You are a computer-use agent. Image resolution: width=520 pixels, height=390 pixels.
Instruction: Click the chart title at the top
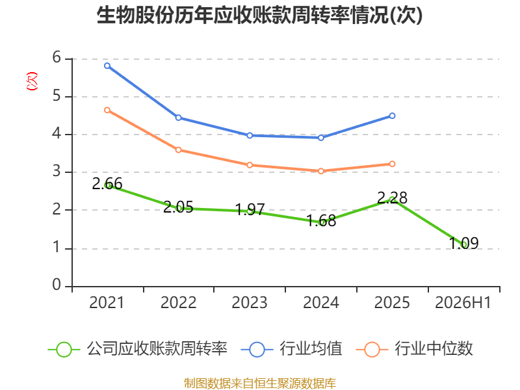[x=259, y=15]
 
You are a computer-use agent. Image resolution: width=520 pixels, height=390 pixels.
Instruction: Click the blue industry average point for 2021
[x=107, y=66]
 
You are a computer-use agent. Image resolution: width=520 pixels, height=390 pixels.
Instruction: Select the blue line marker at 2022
[x=178, y=118]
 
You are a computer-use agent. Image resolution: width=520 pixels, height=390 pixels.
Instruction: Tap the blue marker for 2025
[x=393, y=116]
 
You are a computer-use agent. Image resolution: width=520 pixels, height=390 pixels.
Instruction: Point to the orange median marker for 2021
[x=107, y=110]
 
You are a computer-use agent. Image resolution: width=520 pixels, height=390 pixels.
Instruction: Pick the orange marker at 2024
[x=321, y=171]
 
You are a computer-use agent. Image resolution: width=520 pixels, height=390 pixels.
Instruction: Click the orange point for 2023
[x=250, y=165]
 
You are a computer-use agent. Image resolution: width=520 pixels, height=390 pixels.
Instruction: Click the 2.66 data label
[x=107, y=184]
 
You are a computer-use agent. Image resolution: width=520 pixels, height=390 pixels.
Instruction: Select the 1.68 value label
[x=321, y=221]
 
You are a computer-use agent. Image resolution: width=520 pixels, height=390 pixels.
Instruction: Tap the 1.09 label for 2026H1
[x=463, y=243]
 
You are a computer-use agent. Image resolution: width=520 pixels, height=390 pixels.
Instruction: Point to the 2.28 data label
[x=393, y=198]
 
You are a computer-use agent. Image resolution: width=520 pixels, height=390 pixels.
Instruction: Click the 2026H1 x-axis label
[x=463, y=303]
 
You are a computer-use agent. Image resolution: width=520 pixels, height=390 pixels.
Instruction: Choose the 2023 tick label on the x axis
[x=250, y=303]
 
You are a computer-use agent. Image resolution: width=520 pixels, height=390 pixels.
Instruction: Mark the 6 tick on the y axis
[x=57, y=58]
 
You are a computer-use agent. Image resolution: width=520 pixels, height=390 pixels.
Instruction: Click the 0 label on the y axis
[x=57, y=285]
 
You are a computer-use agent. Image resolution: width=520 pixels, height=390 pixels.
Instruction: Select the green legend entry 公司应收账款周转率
[x=137, y=349]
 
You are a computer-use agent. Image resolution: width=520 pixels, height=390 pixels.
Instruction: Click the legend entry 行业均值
[x=291, y=349]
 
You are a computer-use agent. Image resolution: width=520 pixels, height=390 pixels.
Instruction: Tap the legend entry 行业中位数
[x=414, y=349]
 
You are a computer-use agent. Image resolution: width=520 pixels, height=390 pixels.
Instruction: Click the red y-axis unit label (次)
[x=32, y=81]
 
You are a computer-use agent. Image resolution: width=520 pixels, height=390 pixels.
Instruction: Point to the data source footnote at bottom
[x=260, y=383]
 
